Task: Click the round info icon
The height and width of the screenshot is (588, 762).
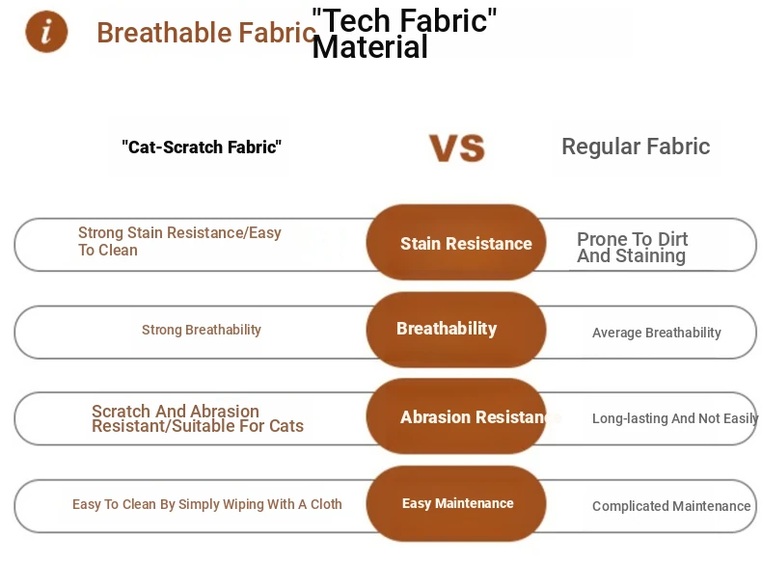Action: pyautogui.click(x=46, y=32)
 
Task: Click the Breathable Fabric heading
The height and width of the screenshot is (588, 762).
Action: pyautogui.click(x=206, y=33)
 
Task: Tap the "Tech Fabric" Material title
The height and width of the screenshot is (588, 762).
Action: pyautogui.click(x=404, y=34)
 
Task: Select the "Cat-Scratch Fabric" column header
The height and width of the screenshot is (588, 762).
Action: pyautogui.click(x=202, y=147)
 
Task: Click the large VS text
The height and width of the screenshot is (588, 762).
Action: pyautogui.click(x=457, y=147)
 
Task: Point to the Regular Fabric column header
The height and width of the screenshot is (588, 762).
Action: pyautogui.click(x=636, y=147)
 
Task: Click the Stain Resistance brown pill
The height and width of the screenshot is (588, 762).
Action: pyautogui.click(x=456, y=242)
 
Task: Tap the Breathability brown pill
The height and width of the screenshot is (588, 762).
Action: pyautogui.click(x=456, y=330)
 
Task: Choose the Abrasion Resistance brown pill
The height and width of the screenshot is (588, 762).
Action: pyautogui.click(x=456, y=416)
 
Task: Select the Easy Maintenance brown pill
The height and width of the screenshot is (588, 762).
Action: pyautogui.click(x=456, y=503)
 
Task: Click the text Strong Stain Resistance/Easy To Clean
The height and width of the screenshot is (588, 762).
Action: pyautogui.click(x=179, y=241)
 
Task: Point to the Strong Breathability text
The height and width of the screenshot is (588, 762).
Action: pyautogui.click(x=202, y=330)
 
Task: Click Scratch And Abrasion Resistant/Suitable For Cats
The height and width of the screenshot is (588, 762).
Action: pyautogui.click(x=198, y=418)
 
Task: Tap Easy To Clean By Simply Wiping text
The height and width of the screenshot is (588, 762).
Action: pyautogui.click(x=207, y=504)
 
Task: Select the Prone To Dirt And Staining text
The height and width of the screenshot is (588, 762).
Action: pyautogui.click(x=632, y=247)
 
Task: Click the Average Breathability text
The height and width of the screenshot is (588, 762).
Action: pyautogui.click(x=657, y=333)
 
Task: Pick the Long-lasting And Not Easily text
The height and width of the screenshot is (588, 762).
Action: pyautogui.click(x=675, y=418)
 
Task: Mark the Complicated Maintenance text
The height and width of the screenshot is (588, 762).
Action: pyautogui.click(x=671, y=506)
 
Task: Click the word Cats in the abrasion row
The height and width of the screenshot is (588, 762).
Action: pyautogui.click(x=286, y=426)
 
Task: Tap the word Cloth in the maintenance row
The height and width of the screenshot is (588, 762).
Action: pyautogui.click(x=326, y=504)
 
